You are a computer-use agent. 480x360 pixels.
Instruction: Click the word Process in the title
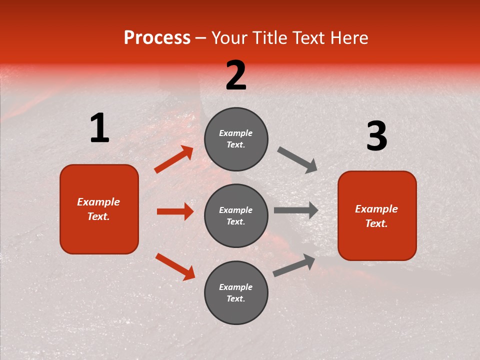pyautogui.click(x=157, y=38)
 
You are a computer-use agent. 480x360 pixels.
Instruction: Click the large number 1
pyautogui.click(x=99, y=128)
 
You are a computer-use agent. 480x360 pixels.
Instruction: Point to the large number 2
pyautogui.click(x=236, y=75)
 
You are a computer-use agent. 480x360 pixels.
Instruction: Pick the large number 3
pyautogui.click(x=376, y=136)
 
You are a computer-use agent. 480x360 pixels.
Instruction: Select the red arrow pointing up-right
pyautogui.click(x=174, y=159)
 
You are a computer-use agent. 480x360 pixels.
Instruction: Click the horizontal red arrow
pyautogui.click(x=175, y=211)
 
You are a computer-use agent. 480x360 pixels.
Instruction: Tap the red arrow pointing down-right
pyautogui.click(x=175, y=266)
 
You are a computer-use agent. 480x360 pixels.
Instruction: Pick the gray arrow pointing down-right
pyautogui.click(x=297, y=159)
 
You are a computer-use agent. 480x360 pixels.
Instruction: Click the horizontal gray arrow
pyautogui.click(x=296, y=210)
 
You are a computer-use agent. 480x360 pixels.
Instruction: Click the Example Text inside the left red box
pyautogui.click(x=98, y=209)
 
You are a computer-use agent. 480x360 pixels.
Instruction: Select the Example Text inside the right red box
pyautogui.click(x=376, y=216)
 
